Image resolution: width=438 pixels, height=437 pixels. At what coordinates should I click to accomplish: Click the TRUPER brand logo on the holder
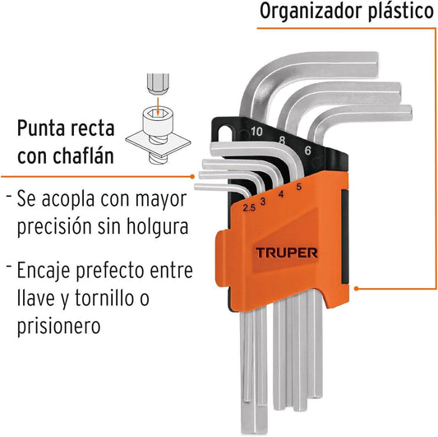(286, 253)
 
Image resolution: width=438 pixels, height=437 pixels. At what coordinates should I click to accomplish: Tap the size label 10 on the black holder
(256, 132)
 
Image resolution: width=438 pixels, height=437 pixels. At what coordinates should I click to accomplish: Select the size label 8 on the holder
(282, 140)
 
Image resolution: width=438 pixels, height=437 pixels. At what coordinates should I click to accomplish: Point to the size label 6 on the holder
(307, 151)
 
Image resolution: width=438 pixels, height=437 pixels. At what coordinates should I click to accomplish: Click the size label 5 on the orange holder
(299, 187)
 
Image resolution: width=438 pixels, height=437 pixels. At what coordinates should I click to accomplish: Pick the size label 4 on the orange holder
(281, 194)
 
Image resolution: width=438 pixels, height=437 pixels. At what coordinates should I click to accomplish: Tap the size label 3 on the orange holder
(263, 202)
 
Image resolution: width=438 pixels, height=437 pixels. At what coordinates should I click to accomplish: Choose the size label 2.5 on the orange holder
(249, 208)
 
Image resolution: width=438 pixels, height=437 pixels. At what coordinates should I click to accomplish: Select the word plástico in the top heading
(401, 12)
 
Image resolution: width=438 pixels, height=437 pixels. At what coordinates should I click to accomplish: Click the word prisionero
(58, 325)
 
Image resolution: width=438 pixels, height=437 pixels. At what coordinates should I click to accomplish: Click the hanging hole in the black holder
(224, 133)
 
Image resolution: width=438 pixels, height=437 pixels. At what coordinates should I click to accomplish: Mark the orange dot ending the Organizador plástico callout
(356, 288)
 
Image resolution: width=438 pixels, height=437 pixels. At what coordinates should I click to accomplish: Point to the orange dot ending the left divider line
(192, 176)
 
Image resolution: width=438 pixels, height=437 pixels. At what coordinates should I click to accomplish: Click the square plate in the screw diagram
(158, 145)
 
